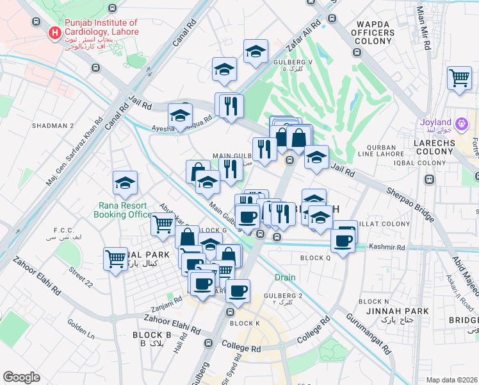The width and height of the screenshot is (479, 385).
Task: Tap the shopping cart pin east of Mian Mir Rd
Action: (x=459, y=78)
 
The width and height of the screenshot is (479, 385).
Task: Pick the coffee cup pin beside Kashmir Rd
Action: (x=343, y=241)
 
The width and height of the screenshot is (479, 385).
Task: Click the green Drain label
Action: (x=285, y=278)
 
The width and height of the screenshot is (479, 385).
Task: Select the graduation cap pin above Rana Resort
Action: (x=125, y=184)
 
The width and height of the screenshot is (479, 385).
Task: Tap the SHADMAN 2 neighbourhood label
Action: (x=54, y=126)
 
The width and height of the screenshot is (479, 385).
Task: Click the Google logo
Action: (x=21, y=377)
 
